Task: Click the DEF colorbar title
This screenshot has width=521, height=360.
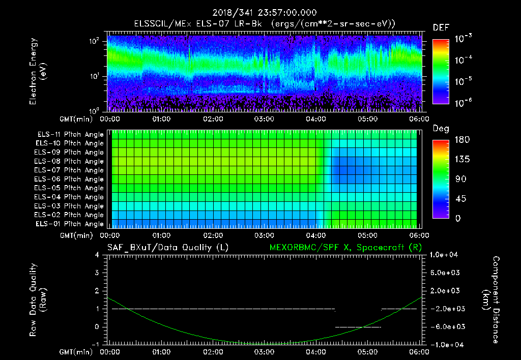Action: tap(441, 28)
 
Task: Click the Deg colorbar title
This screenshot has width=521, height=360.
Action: tap(441, 129)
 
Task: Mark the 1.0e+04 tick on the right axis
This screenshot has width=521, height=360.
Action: tap(446, 255)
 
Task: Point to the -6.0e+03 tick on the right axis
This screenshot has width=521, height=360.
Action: tap(446, 326)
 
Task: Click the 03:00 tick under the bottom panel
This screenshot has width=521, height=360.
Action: tap(265, 351)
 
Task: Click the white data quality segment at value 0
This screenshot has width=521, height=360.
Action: tap(358, 327)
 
